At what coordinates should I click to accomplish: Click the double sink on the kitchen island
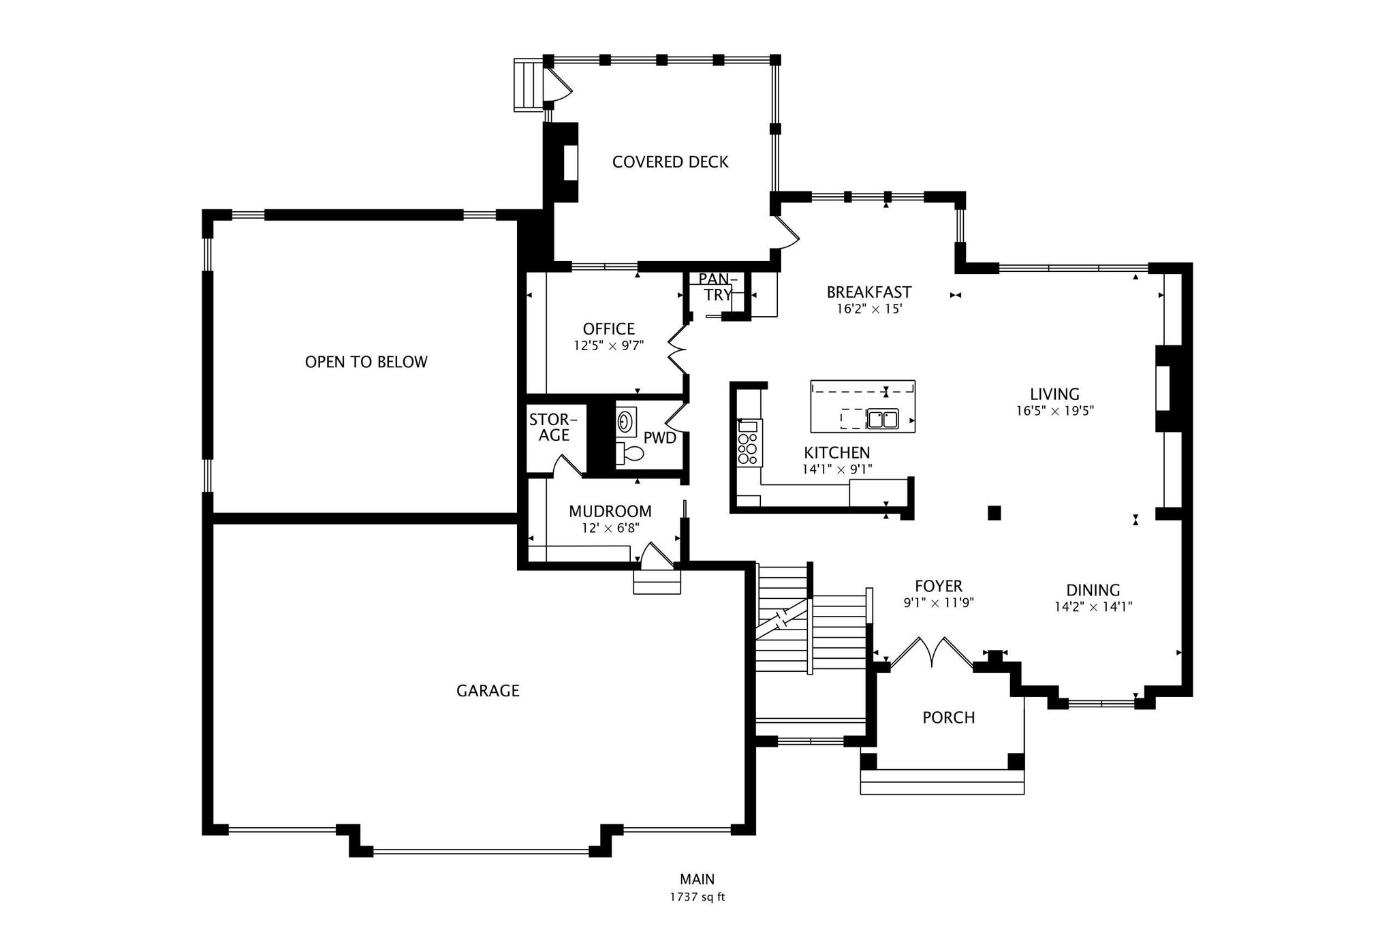pyautogui.click(x=883, y=418)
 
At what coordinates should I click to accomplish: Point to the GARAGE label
pyautogui.click(x=488, y=691)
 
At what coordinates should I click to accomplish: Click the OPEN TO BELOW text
pyautogui.click(x=366, y=362)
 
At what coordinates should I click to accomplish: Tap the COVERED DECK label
pyautogui.click(x=670, y=162)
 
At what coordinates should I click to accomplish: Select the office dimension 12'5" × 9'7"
pyautogui.click(x=608, y=346)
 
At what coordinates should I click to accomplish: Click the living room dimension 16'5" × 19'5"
pyautogui.click(x=1054, y=411)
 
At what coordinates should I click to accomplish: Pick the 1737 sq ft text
pyautogui.click(x=697, y=897)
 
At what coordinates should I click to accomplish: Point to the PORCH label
pyautogui.click(x=948, y=717)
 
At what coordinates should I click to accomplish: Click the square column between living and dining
pyautogui.click(x=994, y=512)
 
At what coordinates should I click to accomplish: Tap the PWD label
pyautogui.click(x=659, y=438)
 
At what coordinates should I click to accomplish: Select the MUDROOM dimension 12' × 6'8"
pyautogui.click(x=610, y=528)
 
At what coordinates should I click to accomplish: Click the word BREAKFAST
pyautogui.click(x=868, y=292)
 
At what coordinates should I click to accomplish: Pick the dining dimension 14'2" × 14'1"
pyautogui.click(x=1093, y=607)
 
